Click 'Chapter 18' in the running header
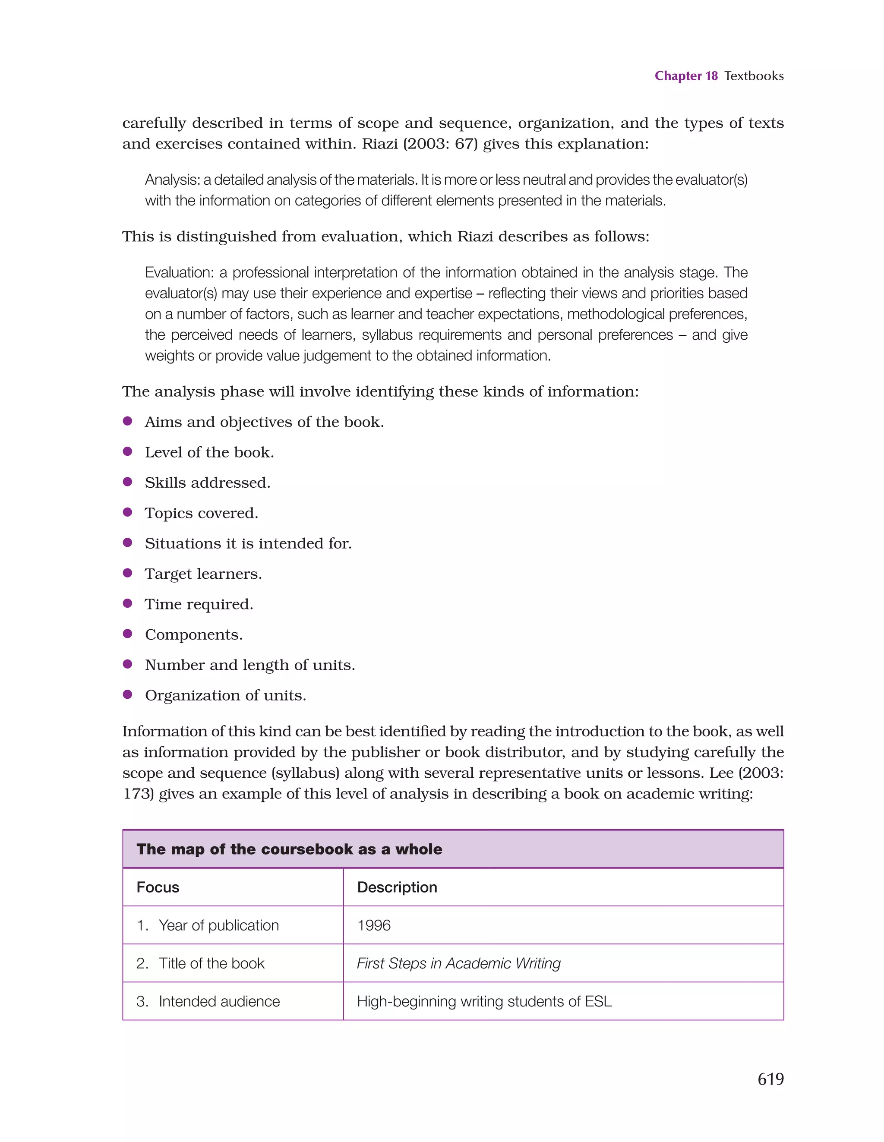686,76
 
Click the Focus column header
158,887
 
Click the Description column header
397,887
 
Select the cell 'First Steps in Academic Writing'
458,963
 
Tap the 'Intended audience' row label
219,1001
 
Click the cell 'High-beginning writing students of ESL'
484,1001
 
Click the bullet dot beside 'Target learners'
127,573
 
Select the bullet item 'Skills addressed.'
207,483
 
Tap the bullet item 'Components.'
193,634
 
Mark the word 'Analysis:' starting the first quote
172,180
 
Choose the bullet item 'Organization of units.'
225,695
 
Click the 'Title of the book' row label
212,963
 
